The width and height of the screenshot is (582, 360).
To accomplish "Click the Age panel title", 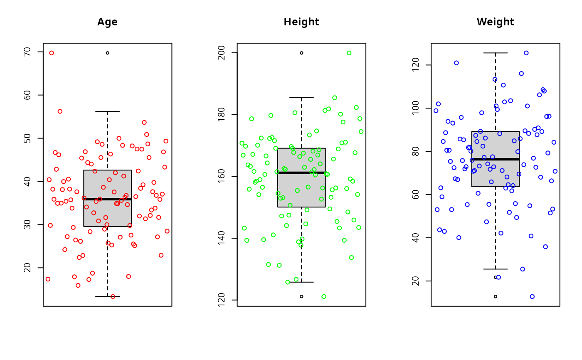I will pos(107,22).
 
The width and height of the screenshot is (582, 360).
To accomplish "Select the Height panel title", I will pos(301,22).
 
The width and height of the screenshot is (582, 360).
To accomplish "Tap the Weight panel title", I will pos(495,22).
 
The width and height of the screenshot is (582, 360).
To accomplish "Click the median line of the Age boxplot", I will pos(107,199).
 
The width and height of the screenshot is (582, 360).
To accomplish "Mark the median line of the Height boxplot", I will pos(301,173).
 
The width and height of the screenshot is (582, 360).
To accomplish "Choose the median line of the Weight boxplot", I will pos(495,159).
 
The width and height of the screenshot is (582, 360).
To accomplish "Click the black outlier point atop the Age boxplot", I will pos(107,53).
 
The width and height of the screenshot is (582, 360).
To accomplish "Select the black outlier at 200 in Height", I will pos(301,53).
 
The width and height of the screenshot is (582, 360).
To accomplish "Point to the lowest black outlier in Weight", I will pos(495,296).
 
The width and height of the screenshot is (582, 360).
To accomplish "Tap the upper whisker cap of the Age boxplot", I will pos(107,111).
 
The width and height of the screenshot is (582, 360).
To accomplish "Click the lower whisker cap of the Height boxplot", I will pos(301,282).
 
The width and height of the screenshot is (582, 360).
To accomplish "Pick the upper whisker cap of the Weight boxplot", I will pos(495,53).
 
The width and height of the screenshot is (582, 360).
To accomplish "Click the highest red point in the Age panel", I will pos(52,53).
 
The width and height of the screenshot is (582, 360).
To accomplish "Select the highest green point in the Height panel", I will pos(349,53).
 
